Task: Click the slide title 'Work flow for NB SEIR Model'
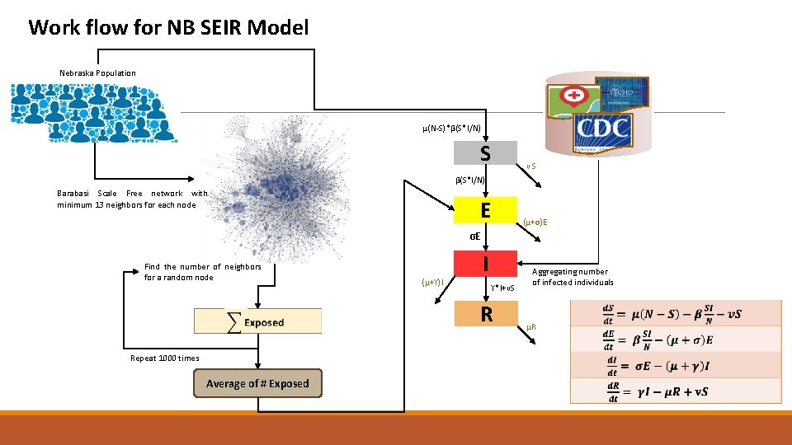168,27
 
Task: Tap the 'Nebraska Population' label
97,73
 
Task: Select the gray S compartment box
485,153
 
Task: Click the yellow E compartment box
485,211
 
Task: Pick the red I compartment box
485,265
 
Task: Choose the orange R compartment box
485,314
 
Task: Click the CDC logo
602,128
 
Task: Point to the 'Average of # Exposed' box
257,383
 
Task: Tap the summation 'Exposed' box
257,322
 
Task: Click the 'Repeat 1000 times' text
165,358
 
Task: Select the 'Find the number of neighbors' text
202,272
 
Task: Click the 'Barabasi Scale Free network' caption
132,199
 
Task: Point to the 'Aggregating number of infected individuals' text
573,277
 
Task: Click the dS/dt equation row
675,313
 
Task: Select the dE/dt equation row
675,339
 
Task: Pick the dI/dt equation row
675,364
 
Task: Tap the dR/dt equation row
675,391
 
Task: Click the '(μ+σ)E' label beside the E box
535,222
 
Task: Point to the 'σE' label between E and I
474,237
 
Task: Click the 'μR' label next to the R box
531,328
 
